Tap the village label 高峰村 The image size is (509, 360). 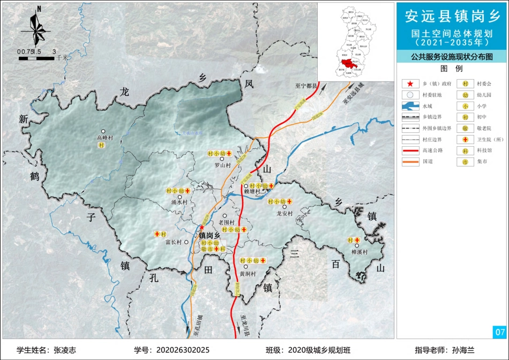pos(104,138)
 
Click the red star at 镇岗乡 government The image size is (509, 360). pos(202,228)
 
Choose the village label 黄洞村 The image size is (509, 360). pos(248,274)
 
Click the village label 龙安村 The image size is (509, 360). pos(285,213)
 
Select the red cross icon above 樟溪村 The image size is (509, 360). pos(357,240)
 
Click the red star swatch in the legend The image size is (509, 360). pos(409,84)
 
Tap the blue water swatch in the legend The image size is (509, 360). pos(410,107)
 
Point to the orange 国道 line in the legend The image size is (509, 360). pos(410,161)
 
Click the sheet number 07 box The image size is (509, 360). pos(499,332)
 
